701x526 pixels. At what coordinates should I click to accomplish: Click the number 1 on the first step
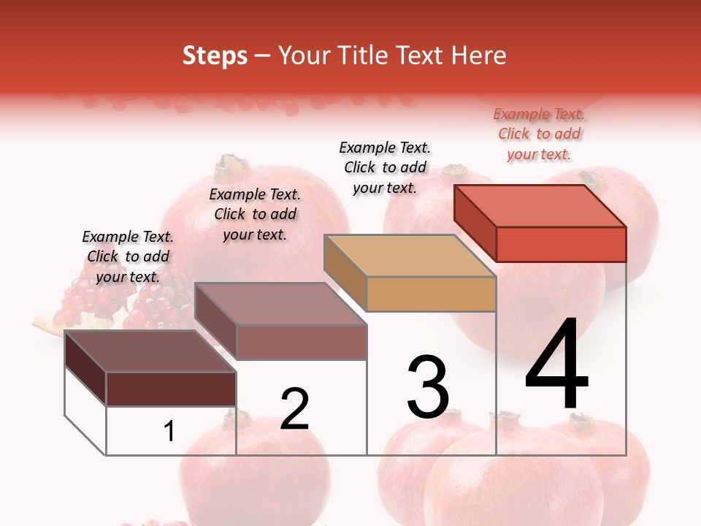coord(169,431)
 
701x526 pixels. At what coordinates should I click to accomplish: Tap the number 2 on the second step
coord(294,409)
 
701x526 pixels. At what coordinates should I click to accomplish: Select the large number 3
coord(428,387)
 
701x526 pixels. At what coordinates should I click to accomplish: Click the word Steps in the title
coord(215,56)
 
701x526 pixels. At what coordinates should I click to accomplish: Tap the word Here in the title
coord(478,56)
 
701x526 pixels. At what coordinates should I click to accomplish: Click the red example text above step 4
coord(539,134)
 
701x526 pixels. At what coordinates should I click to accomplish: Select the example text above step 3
coord(385,167)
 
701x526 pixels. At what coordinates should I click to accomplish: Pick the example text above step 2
coord(255,214)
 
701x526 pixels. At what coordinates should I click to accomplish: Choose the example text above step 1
coord(128,256)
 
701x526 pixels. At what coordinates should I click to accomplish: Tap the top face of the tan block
coord(410,256)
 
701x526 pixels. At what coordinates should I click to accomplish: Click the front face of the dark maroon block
coord(171,389)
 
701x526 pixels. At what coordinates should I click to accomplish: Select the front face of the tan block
coord(431,294)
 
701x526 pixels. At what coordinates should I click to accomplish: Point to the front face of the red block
coord(561,244)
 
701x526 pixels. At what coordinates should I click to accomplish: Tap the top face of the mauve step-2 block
coord(280,304)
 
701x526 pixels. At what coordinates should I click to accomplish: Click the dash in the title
coord(263,56)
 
